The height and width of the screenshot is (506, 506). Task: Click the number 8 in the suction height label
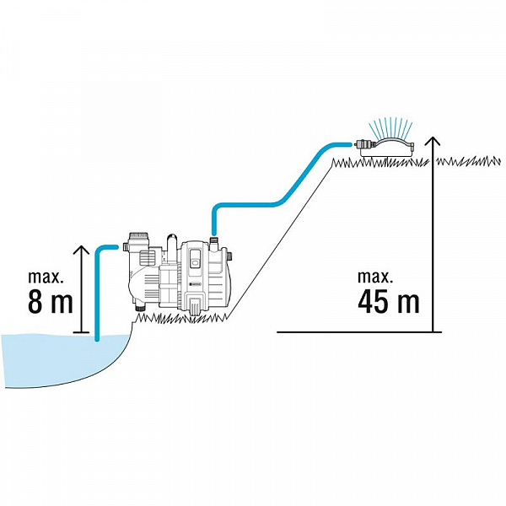pyautogui.click(x=35, y=301)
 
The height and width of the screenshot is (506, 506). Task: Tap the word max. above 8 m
pyautogui.click(x=46, y=277)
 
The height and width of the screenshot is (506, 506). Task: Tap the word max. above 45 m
pyautogui.click(x=375, y=277)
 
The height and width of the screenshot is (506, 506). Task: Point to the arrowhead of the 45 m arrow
pyautogui.click(x=433, y=141)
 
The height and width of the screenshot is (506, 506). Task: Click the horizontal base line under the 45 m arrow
pyautogui.click(x=359, y=331)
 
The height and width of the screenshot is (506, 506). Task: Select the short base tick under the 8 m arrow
pyautogui.click(x=81, y=332)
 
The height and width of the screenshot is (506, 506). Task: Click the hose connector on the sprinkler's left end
pyautogui.click(x=362, y=144)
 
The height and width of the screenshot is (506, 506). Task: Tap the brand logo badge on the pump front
pyautogui.click(x=195, y=284)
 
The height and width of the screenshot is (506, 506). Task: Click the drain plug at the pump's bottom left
pyautogui.click(x=140, y=307)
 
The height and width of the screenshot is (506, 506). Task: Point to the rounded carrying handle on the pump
pyautogui.click(x=171, y=246)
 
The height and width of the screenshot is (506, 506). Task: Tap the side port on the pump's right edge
pyautogui.click(x=229, y=257)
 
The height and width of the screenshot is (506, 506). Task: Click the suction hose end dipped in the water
pyautogui.click(x=97, y=337)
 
